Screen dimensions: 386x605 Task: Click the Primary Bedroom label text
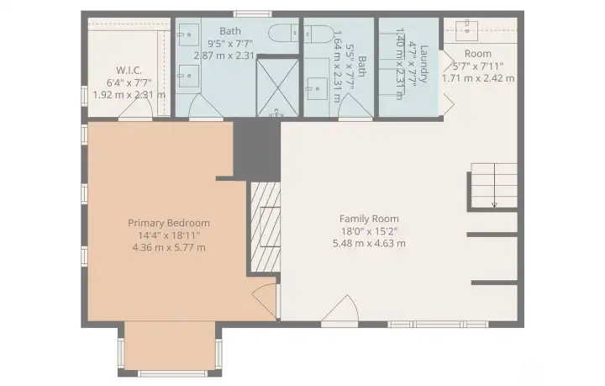(x=169, y=223)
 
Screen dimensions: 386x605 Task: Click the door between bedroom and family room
(x=265, y=299)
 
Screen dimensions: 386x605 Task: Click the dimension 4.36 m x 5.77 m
(x=169, y=248)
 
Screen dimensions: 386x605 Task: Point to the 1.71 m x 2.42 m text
(x=478, y=78)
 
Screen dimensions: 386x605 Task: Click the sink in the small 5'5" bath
(x=317, y=88)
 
